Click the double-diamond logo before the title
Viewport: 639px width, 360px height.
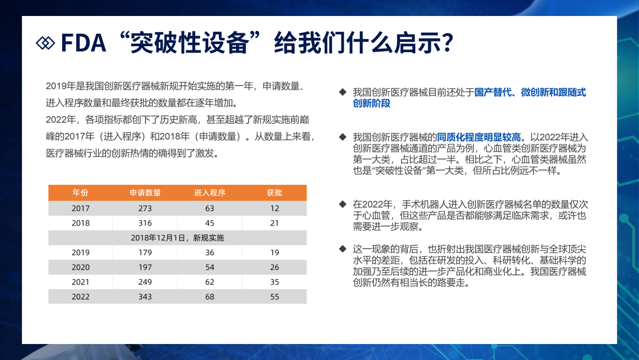point(45,43)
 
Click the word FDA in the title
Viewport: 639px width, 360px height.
point(83,43)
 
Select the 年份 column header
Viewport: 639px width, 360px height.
point(80,192)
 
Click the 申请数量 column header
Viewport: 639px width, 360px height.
point(145,192)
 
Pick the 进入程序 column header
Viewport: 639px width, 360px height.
point(209,192)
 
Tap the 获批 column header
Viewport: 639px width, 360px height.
point(275,192)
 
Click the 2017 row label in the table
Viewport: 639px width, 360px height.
point(80,208)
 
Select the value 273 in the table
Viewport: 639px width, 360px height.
point(145,208)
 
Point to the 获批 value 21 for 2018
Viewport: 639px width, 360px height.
point(275,223)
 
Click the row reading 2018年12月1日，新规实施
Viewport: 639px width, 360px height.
point(177,237)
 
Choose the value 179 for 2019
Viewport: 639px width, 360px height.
point(145,252)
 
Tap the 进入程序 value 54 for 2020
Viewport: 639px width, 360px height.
point(209,267)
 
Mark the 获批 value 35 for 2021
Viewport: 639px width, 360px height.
point(275,282)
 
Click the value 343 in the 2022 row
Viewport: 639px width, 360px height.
point(145,297)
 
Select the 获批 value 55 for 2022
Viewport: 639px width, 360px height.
point(275,297)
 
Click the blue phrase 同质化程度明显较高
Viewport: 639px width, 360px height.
point(479,137)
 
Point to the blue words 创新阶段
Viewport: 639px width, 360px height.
point(371,104)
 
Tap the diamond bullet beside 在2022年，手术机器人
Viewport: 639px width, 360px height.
point(343,204)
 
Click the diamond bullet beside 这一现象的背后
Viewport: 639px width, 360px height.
point(343,249)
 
